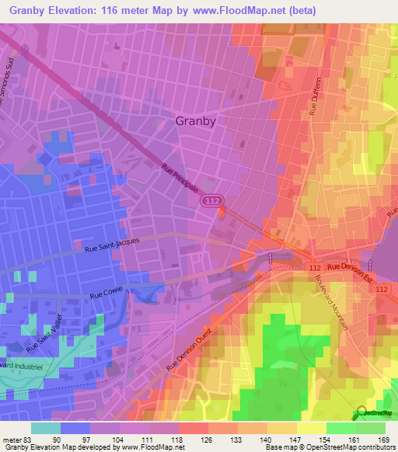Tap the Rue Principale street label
coord(180,178)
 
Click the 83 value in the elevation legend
coord(30,439)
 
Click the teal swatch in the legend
coord(46,428)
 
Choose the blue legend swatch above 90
coord(75,428)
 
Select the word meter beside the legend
coord(13,439)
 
